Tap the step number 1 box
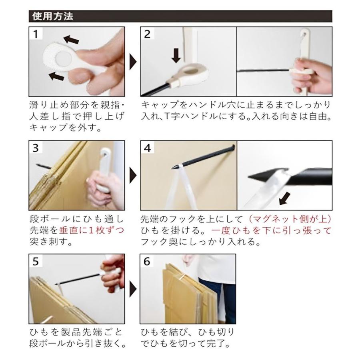click(36, 34)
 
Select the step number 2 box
click(147, 34)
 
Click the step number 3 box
click(36, 148)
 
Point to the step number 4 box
click(147, 148)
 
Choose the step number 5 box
click(36, 261)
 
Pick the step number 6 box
click(147, 261)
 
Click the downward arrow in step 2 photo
click(176, 55)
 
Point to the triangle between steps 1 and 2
click(132, 62)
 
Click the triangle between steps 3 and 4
click(132, 175)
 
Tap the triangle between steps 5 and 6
click(132, 288)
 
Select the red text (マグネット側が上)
click(289, 219)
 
